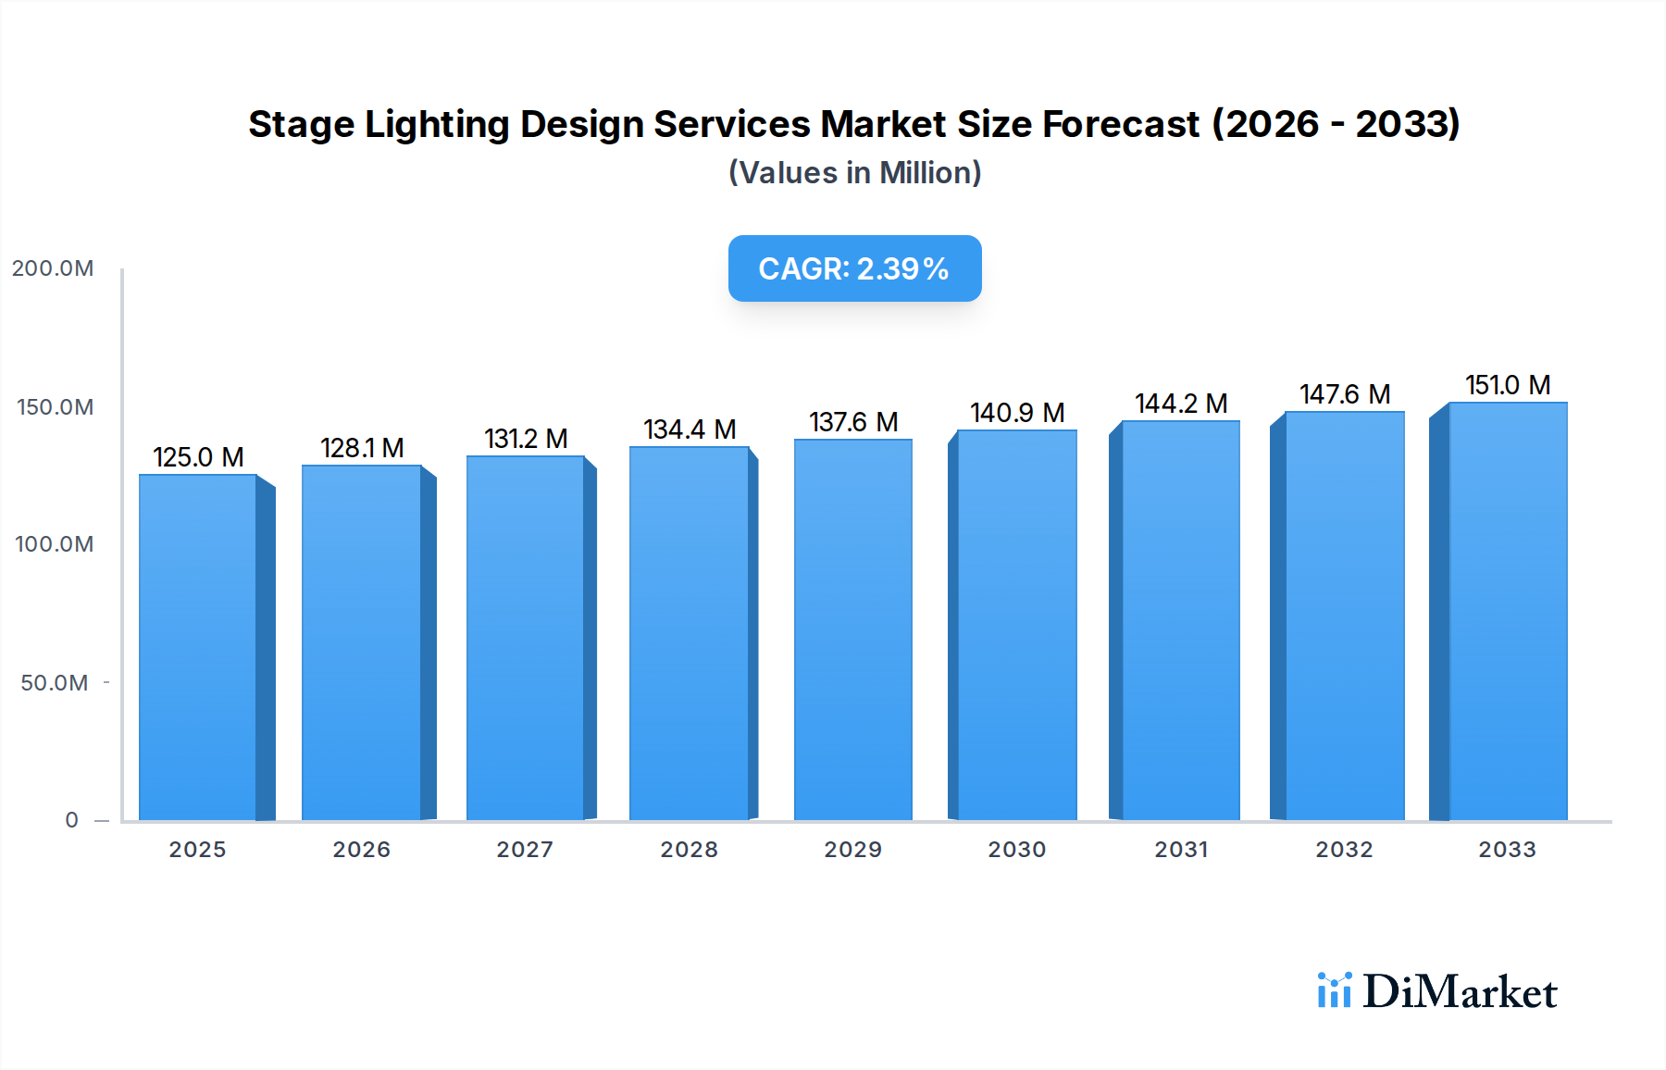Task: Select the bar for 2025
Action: click(198, 648)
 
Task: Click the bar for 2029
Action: click(852, 629)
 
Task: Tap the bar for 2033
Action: click(1507, 611)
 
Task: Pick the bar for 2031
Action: click(1180, 620)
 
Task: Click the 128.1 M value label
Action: click(362, 448)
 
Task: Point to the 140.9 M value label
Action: click(1017, 413)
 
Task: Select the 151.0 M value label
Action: click(1507, 385)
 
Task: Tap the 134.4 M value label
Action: click(690, 429)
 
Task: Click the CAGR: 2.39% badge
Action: click(854, 268)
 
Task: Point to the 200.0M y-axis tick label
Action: click(53, 268)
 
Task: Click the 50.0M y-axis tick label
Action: click(55, 683)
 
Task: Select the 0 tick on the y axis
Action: click(71, 820)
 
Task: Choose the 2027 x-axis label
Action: click(525, 850)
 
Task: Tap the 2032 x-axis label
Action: click(1344, 850)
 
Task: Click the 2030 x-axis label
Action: click(1016, 850)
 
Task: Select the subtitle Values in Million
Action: click(854, 173)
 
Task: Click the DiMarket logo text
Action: click(1460, 992)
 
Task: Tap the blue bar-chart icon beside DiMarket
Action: click(1334, 990)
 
